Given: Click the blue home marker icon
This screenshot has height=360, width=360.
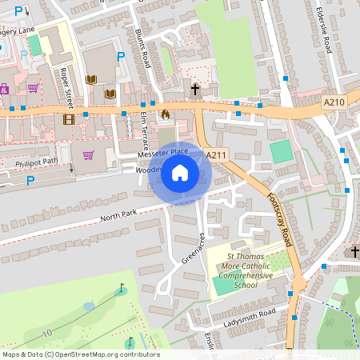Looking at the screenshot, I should pyautogui.click(x=180, y=173).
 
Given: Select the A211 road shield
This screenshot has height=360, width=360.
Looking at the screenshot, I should pyautogui.click(x=215, y=154).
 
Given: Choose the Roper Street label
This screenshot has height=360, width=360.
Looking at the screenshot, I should pyautogui.click(x=66, y=86).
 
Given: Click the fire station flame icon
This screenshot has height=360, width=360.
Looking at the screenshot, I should pyautogui.click(x=166, y=114).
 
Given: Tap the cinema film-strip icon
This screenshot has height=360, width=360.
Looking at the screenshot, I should pyautogui.click(x=68, y=119).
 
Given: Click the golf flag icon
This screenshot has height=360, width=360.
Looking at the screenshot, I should pyautogui.click(x=122, y=287).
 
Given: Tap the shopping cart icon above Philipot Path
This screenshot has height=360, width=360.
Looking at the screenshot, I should pyautogui.click(x=88, y=154).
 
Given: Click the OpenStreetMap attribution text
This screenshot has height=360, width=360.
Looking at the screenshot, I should pyautogui.click(x=80, y=354).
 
